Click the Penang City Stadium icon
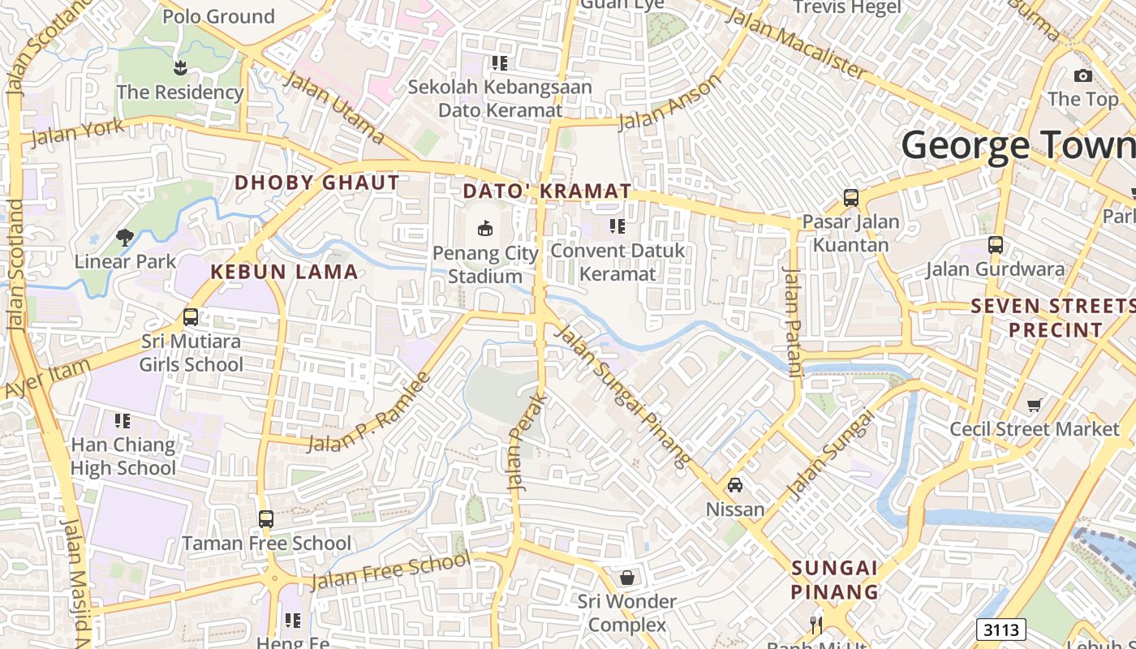click(x=485, y=229)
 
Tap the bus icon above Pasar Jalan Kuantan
click(x=850, y=197)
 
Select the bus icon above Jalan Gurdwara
click(x=996, y=244)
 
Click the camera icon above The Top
click(x=1082, y=75)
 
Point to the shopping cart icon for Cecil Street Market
click(x=1035, y=404)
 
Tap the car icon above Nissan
click(x=735, y=485)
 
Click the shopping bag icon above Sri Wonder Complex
click(x=626, y=578)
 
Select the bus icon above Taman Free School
click(x=266, y=519)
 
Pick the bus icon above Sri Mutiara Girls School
click(x=191, y=317)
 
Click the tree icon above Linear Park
click(x=124, y=238)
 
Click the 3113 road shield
click(x=1001, y=630)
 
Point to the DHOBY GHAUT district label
click(x=317, y=183)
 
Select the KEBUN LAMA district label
click(x=284, y=272)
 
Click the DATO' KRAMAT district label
click(x=547, y=191)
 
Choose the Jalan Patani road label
click(x=792, y=321)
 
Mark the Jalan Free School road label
click(x=390, y=572)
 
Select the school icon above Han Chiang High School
click(x=123, y=420)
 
